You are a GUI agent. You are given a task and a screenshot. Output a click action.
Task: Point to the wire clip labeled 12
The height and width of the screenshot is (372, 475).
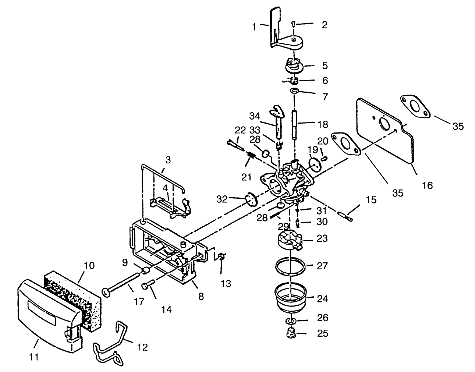tap(110, 344)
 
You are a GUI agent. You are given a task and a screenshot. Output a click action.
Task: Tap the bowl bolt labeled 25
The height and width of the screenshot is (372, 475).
tap(291, 334)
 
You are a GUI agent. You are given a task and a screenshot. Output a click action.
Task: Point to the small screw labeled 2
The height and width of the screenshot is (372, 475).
tap(293, 24)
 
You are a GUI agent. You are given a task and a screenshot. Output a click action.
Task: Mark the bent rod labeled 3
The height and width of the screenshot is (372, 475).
tap(162, 173)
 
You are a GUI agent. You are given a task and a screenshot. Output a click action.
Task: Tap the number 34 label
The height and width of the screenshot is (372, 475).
tap(255, 116)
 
